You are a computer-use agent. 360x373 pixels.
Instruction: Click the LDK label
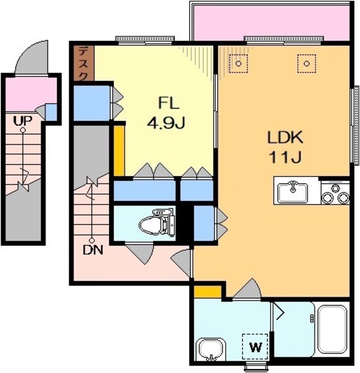[x=285, y=137]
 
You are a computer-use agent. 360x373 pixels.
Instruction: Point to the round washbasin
[x=211, y=349]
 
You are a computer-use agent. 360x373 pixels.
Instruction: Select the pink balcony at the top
[x=270, y=23]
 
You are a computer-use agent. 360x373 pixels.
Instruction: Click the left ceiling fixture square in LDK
[x=239, y=62]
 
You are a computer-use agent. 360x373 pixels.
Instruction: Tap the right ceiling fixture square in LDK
[x=307, y=62]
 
